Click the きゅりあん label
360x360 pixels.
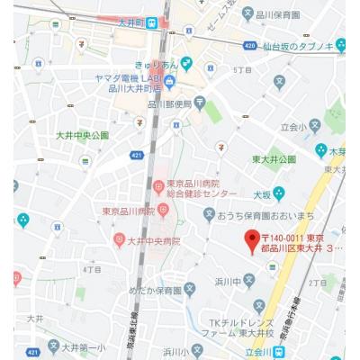[157, 64]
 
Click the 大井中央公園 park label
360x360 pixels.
[82, 134]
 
